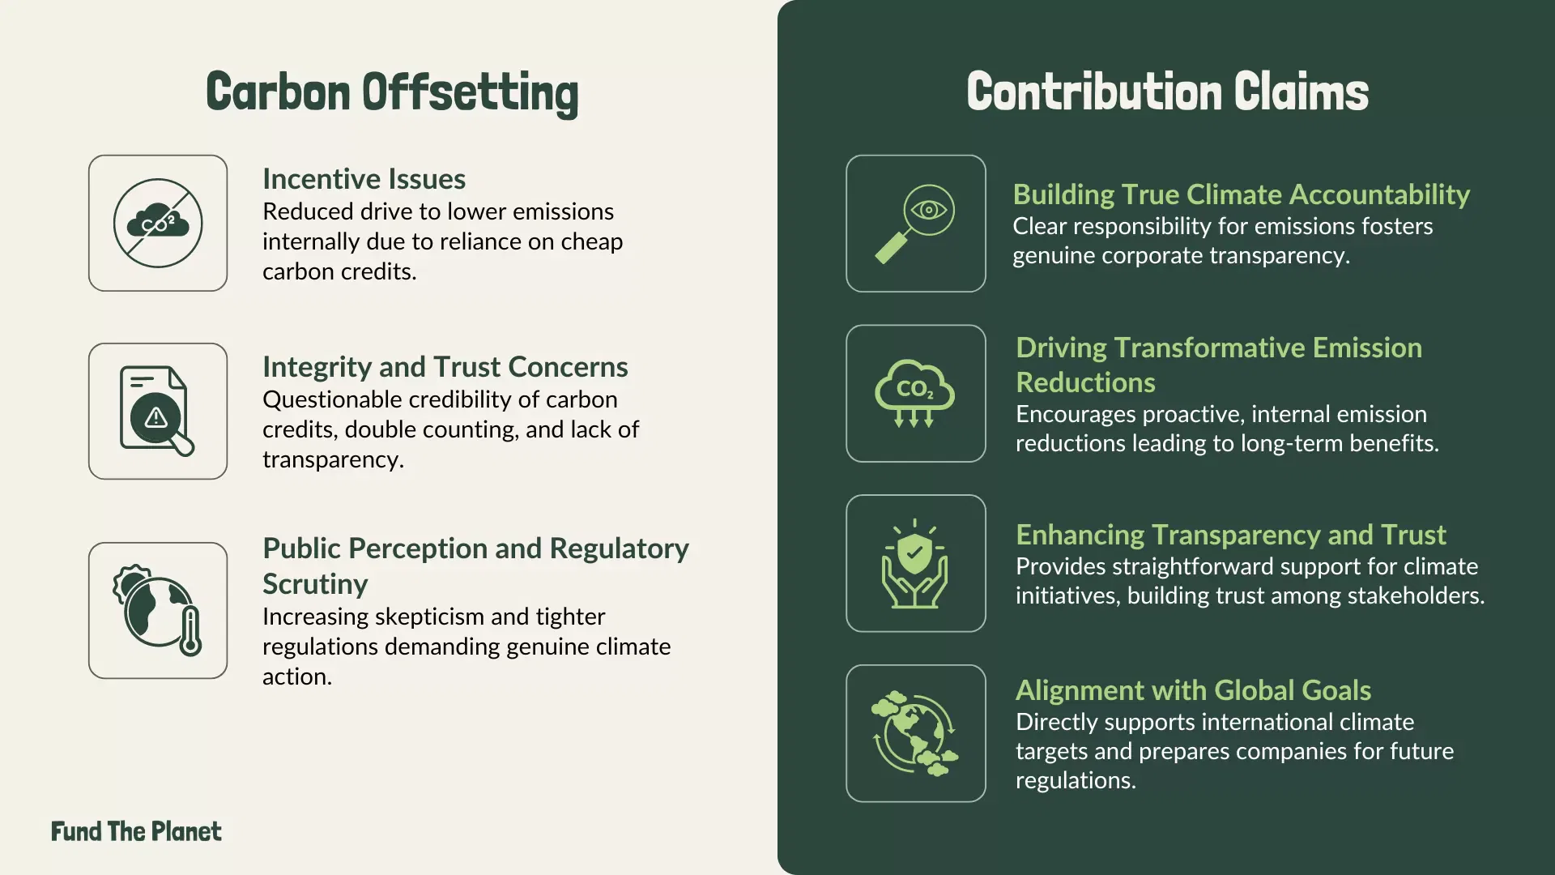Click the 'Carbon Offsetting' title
point(392,92)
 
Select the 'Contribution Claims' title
point(1167,92)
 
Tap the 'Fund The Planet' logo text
point(136,831)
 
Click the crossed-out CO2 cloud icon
point(158,224)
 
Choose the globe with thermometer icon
point(158,611)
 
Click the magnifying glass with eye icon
point(916,224)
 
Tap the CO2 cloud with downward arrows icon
point(916,394)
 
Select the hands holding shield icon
point(916,564)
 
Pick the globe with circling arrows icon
point(916,734)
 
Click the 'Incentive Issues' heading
point(364,179)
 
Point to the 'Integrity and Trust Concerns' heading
point(445,367)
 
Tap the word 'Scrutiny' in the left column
point(315,584)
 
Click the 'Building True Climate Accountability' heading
point(1241,194)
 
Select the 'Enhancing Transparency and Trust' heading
point(1230,535)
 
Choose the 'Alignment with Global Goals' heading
point(1193,690)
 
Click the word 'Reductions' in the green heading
point(1085,382)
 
